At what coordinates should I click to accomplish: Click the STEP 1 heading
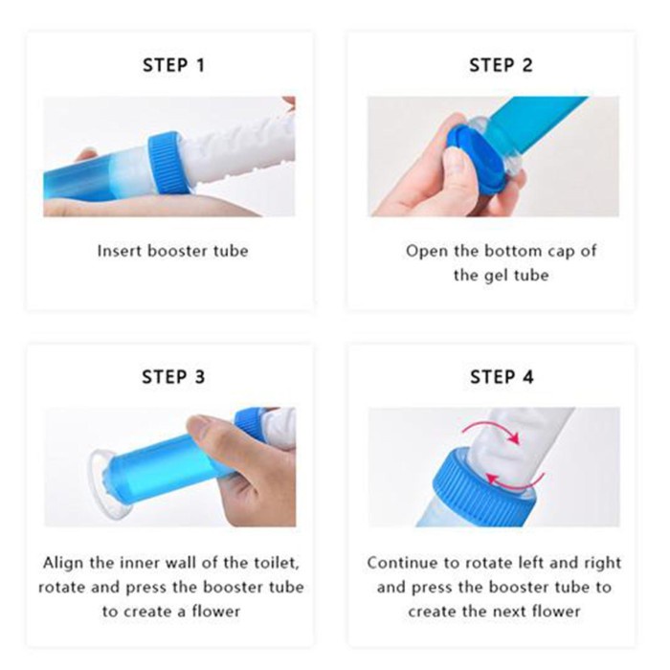(173, 65)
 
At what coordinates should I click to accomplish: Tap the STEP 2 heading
(501, 65)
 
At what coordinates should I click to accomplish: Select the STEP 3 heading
(173, 377)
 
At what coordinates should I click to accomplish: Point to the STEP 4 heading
(502, 377)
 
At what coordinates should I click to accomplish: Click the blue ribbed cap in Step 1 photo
(169, 162)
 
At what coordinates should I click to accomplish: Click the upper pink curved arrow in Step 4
(491, 427)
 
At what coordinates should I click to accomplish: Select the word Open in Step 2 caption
(426, 251)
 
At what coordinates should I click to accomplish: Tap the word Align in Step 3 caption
(63, 563)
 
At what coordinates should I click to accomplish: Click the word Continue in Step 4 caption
(402, 563)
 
